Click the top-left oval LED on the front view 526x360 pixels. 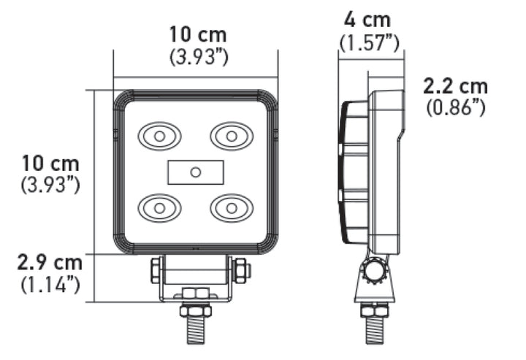[159, 135]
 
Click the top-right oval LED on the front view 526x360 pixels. [232, 135]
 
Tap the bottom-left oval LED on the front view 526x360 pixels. [159, 208]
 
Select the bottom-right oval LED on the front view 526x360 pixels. [232, 208]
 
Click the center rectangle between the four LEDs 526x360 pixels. [195, 172]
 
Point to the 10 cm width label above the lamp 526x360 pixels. [197, 34]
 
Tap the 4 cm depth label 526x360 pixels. [369, 20]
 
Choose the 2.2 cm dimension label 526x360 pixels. [456, 86]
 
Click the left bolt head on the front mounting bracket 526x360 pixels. [156, 271]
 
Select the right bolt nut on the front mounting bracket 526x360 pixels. [241, 271]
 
